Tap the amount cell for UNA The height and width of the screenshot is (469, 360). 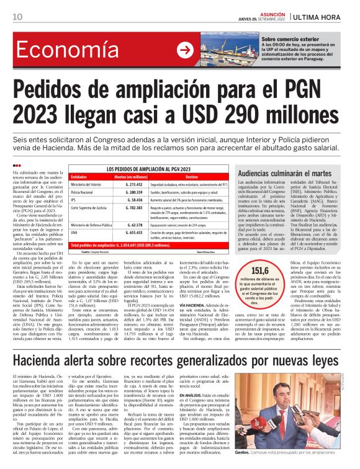130,233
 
